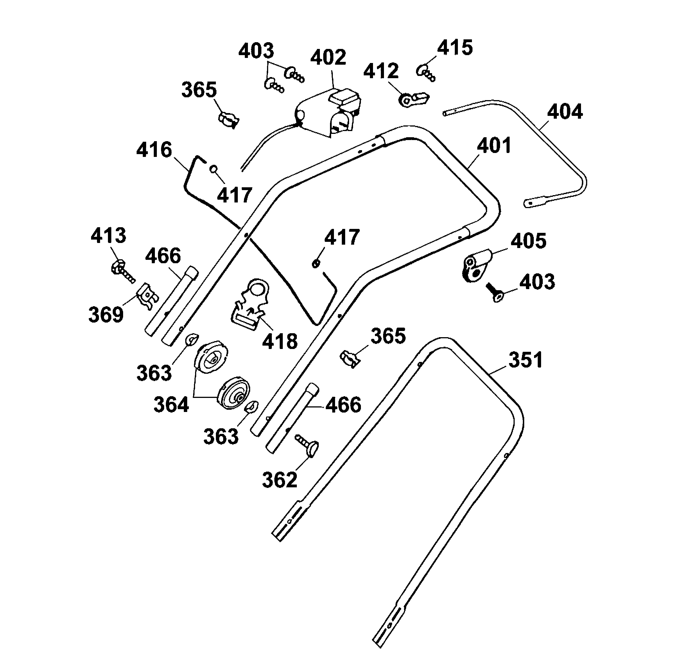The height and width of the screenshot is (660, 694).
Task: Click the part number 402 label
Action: (328, 57)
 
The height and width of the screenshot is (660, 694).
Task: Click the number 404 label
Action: (565, 112)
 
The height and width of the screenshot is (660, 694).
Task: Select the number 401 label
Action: (494, 146)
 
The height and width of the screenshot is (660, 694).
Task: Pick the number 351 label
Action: (525, 360)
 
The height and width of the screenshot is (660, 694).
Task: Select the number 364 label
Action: (171, 405)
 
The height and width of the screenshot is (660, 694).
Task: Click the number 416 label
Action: (154, 150)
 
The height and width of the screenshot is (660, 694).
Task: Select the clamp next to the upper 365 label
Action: (229, 120)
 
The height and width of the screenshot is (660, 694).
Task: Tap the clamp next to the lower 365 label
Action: (350, 359)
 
